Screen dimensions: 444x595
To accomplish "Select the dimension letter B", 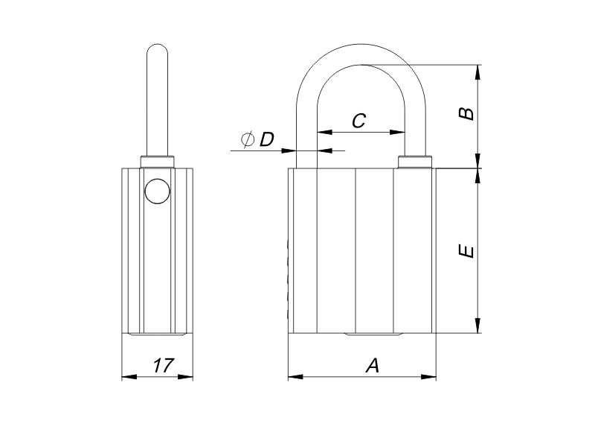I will [466, 113].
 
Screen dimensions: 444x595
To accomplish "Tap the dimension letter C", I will [358, 121].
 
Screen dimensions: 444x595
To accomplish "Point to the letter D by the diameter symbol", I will [267, 139].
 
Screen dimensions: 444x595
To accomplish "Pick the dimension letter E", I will [466, 251].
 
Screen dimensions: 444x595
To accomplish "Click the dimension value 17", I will [164, 365].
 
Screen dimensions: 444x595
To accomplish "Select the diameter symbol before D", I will [248, 139].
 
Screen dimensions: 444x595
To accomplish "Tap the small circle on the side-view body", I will [156, 191].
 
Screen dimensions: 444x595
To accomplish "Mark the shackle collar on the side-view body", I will [157, 162].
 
